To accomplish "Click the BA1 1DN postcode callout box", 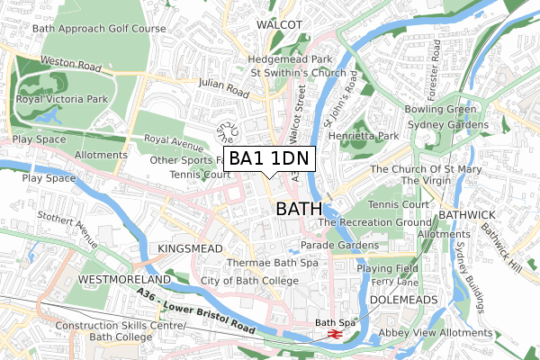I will pyautogui.click(x=269, y=159).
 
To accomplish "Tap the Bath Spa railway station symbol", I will pyautogui.click(x=332, y=334).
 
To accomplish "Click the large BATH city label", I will pyautogui.click(x=296, y=209).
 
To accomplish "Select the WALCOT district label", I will pyautogui.click(x=278, y=23).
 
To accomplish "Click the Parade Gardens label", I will pyautogui.click(x=338, y=245).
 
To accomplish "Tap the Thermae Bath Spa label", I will pyautogui.click(x=272, y=263).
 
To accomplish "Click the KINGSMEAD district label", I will pyautogui.click(x=189, y=247).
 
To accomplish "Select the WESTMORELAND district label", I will pyautogui.click(x=122, y=280).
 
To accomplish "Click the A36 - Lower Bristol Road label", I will pyautogui.click(x=199, y=310).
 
